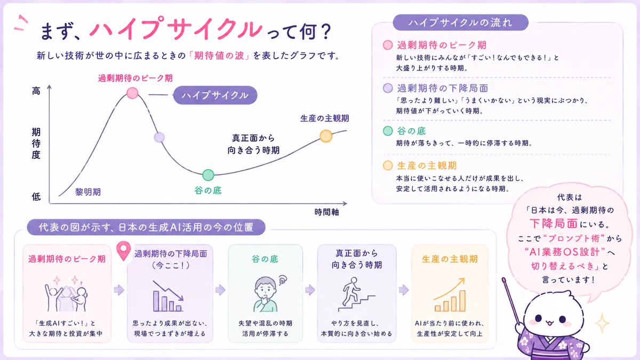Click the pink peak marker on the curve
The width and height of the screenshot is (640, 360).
pyautogui.click(x=132, y=93)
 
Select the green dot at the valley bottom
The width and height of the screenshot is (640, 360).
pyautogui.click(x=209, y=175)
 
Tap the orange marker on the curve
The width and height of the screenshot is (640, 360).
pyautogui.click(x=326, y=136)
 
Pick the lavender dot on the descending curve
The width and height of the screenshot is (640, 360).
pyautogui.click(x=159, y=138)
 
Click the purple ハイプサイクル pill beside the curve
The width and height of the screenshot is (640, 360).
pyautogui.click(x=215, y=95)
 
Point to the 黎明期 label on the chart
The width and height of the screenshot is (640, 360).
pyautogui.click(x=88, y=191)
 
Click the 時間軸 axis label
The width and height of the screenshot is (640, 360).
pyautogui.click(x=326, y=212)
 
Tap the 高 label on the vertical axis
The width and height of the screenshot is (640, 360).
pyautogui.click(x=36, y=91)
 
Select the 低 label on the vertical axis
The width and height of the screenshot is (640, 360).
pyautogui.click(x=36, y=197)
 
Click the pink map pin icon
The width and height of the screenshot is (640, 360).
pyautogui.click(x=124, y=251)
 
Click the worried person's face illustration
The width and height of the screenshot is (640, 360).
pyautogui.click(x=266, y=293)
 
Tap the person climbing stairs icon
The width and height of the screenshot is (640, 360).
pyautogui.click(x=356, y=294)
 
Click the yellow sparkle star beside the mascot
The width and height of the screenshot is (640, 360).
pyautogui.click(x=602, y=323)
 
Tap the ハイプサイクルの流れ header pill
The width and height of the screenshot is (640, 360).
pyautogui.click(x=461, y=22)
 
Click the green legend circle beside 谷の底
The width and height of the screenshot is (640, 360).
pyautogui.click(x=388, y=131)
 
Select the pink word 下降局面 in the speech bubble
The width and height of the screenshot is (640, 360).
pyautogui.click(x=554, y=223)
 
